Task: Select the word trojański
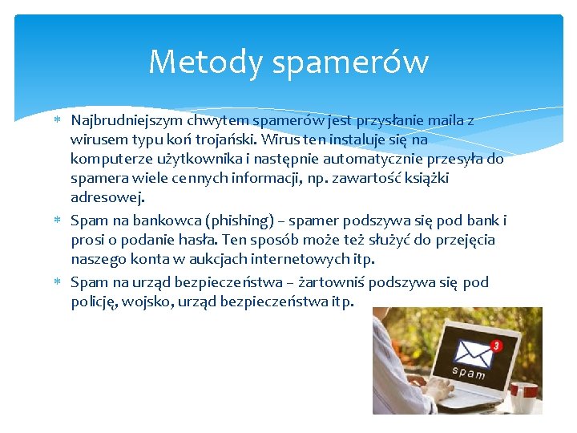(211, 140)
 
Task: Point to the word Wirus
(264, 140)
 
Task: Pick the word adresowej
(107, 197)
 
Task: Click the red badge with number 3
(496, 346)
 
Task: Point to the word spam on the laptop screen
(469, 372)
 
